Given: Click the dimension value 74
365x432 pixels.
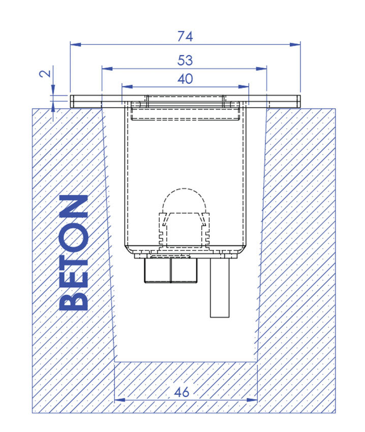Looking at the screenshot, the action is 185,37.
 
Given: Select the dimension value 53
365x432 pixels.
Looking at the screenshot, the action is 185,60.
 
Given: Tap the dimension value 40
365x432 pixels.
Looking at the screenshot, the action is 185,79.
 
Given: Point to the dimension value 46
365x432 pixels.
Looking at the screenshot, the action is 182,392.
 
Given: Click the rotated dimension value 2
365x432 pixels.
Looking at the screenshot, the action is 45,73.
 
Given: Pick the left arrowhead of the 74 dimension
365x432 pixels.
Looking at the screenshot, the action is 75,45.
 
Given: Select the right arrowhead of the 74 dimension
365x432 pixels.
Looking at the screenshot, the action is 295,45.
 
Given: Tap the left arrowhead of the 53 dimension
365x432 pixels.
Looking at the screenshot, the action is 107,69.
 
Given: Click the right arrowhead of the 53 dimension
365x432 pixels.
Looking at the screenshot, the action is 261,69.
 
